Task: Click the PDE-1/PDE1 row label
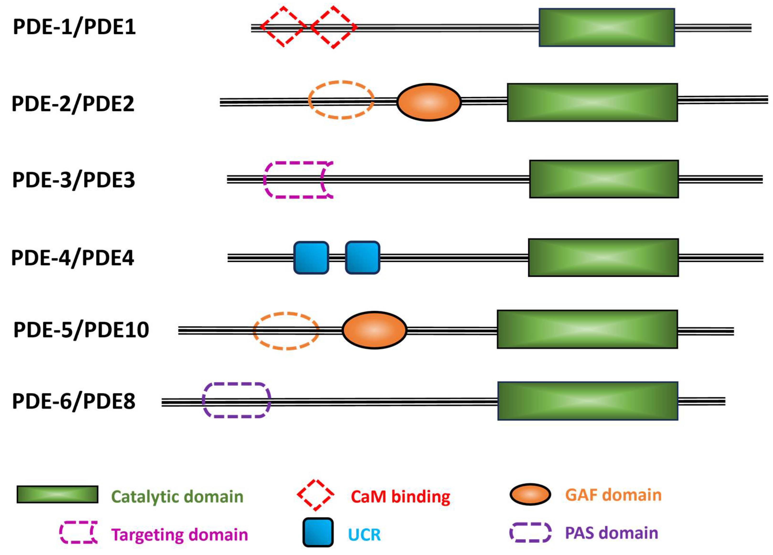[x=74, y=27]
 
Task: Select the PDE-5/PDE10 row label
[x=81, y=330]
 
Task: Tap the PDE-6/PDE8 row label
[x=74, y=402]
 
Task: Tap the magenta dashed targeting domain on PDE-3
[x=297, y=180]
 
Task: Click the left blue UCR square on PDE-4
[x=311, y=258]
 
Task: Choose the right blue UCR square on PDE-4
[x=363, y=258]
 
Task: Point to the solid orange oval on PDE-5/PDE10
[x=374, y=330]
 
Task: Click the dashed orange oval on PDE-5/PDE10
[x=286, y=331]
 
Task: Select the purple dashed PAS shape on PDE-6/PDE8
[x=236, y=400]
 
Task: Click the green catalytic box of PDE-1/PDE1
[x=607, y=27]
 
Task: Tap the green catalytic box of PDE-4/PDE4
[x=603, y=258]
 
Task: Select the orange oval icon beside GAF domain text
[x=530, y=494]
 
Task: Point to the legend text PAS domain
[x=611, y=533]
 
